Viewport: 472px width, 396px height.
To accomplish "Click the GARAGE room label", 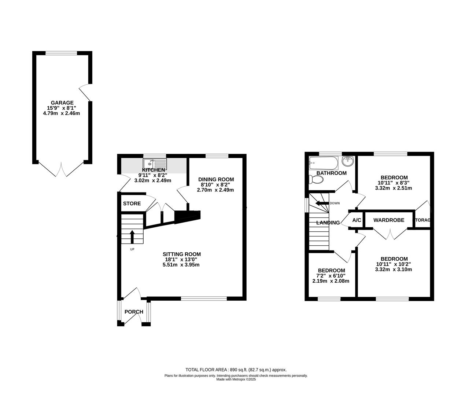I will tap(62, 103).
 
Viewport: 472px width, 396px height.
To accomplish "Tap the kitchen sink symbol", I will tap(155, 163).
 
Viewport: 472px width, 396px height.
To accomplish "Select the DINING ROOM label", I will tap(216, 179).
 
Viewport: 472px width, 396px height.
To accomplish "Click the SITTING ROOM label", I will tap(182, 254).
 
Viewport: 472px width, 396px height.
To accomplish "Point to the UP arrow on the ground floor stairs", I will tap(132, 236).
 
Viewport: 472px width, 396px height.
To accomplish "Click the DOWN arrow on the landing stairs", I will tap(322, 203).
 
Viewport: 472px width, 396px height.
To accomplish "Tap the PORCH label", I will tap(134, 312).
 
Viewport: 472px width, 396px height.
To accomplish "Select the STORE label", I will tap(132, 203).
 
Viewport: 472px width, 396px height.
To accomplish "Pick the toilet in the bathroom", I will tap(316, 179).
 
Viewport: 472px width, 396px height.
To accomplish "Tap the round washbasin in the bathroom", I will tap(348, 161).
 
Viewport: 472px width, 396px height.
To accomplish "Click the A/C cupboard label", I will tap(357, 220).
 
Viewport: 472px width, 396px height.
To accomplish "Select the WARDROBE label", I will tap(389, 220).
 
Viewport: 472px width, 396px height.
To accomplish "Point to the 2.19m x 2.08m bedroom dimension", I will tap(331, 281).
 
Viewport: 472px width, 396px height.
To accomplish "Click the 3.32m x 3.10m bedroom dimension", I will tap(394, 269).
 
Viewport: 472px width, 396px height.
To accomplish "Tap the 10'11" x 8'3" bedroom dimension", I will tap(394, 183).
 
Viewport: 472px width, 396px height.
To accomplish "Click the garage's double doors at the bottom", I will tap(62, 169).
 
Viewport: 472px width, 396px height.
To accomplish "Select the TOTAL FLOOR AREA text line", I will tap(236, 370).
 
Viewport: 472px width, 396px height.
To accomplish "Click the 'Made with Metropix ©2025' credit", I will tap(236, 379).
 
